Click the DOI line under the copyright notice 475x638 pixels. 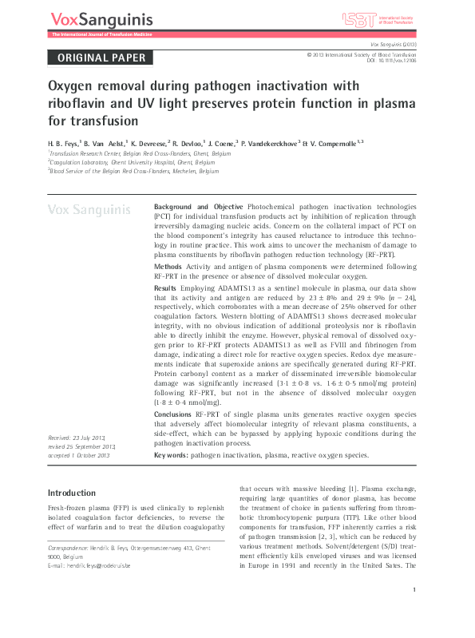tap(397, 61)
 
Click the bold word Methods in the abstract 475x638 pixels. tap(168, 264)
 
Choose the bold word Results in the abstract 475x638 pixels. tap(165, 286)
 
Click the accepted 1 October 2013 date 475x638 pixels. tap(79, 455)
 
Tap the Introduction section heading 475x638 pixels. tap(72, 493)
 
